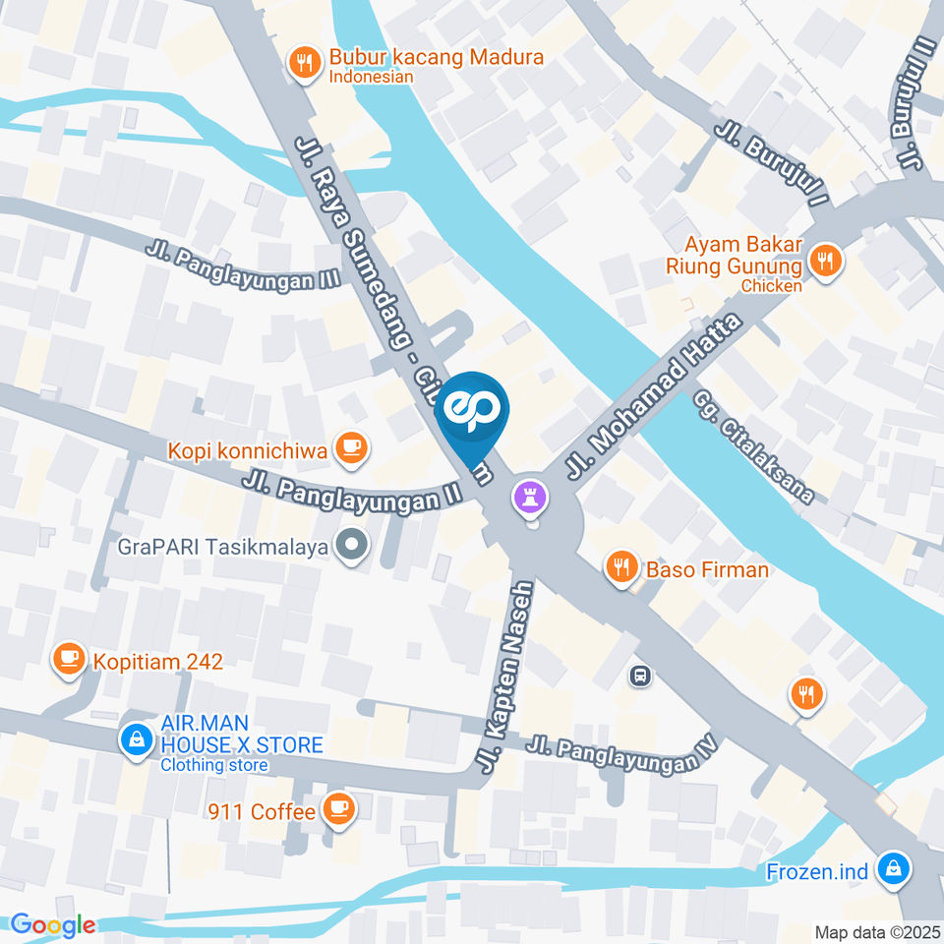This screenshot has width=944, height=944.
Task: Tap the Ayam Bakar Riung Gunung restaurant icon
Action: click(x=824, y=262)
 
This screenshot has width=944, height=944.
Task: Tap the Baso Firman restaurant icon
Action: click(x=620, y=567)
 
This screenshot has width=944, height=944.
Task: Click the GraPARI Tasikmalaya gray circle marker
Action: click(x=349, y=543)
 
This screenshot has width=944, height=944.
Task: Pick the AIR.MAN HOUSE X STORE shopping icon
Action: click(x=134, y=738)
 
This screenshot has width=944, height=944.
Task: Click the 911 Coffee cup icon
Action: click(x=339, y=808)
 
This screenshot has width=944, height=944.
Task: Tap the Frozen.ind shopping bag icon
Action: click(x=894, y=868)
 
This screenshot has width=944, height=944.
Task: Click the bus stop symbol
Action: click(x=640, y=676)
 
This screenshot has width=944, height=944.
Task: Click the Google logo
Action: click(x=52, y=924)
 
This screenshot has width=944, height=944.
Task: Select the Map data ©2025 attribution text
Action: click(x=876, y=931)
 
